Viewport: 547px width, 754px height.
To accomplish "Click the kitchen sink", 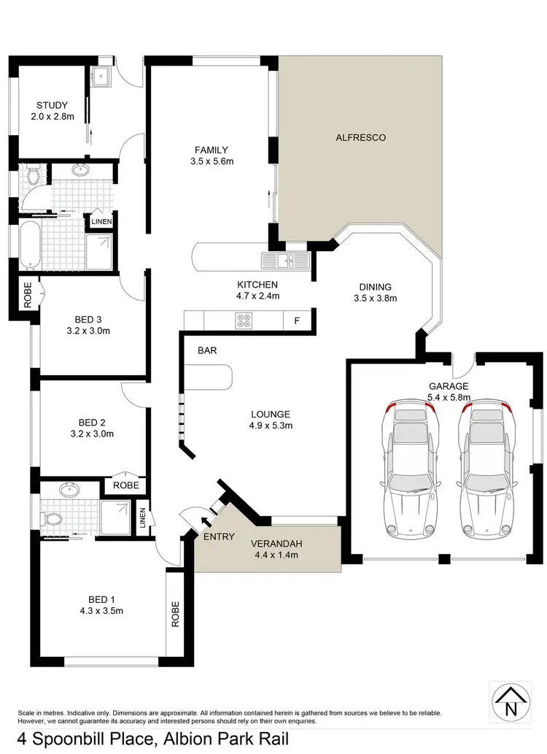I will [286, 260].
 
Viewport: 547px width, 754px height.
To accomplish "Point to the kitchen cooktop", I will [243, 319].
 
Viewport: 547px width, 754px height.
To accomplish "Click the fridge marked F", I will [297, 320].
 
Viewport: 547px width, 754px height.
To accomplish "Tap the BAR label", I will [207, 350].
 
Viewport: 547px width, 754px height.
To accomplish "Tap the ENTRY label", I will [219, 537].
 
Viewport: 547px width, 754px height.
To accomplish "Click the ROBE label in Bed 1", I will [174, 614].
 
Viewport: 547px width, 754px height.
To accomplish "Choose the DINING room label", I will [375, 287].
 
